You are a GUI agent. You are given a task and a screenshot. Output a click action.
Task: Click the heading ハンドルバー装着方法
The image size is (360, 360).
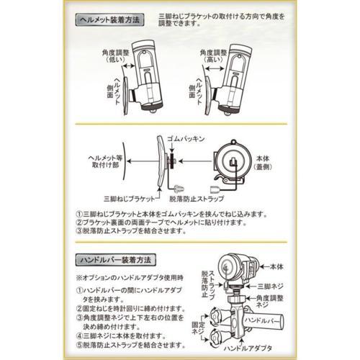(x=118, y=257)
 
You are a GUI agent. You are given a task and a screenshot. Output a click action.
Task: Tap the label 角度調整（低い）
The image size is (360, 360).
(x=117, y=58)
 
